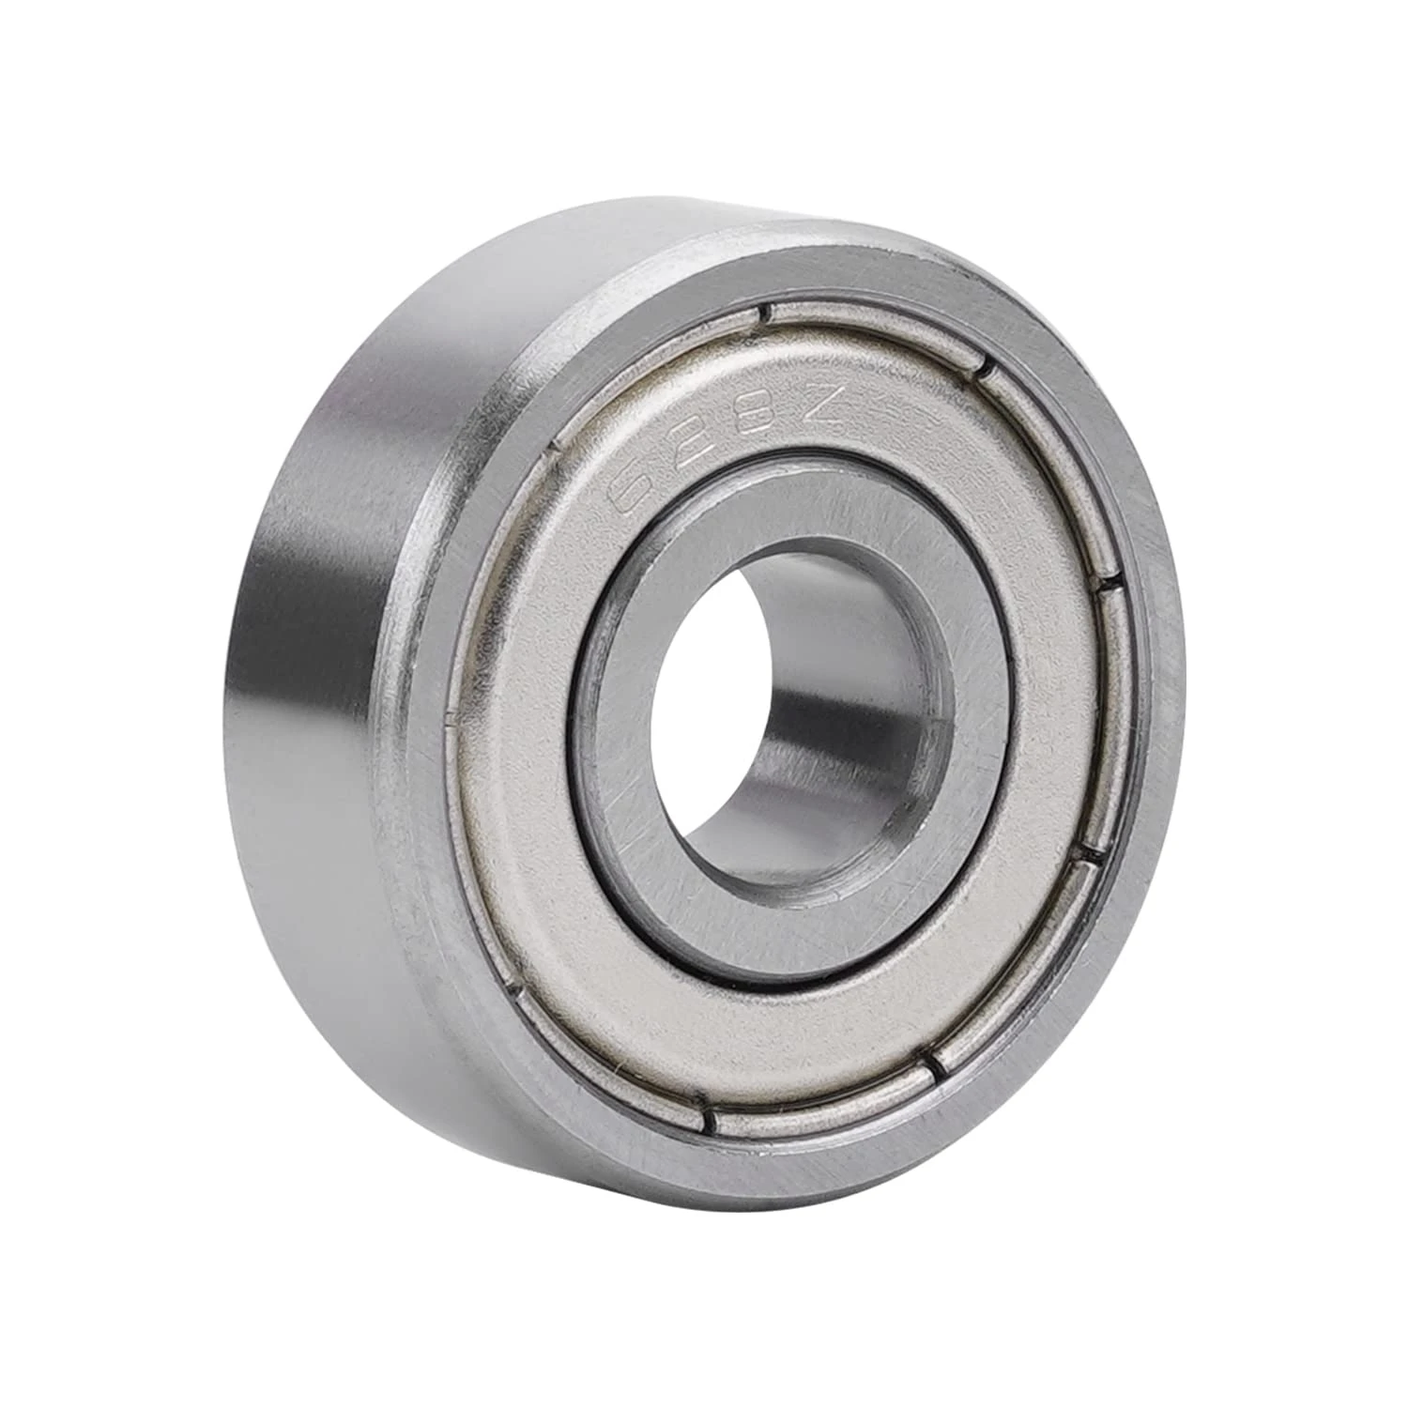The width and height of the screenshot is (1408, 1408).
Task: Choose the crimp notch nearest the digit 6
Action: [552, 449]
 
